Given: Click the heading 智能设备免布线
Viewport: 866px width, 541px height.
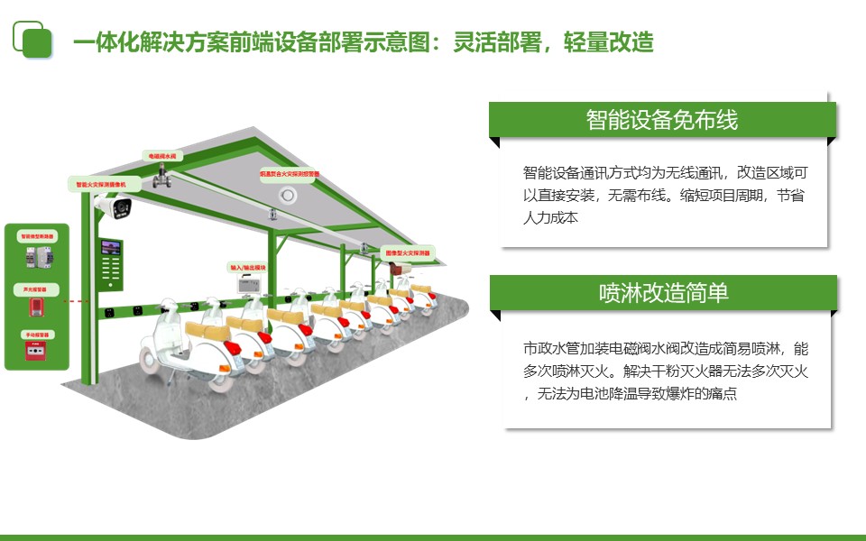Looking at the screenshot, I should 662,120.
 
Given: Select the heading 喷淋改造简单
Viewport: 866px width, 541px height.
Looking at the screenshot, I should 663,293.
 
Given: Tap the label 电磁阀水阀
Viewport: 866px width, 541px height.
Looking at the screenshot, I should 165,156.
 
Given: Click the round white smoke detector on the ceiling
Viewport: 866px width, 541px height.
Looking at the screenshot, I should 288,195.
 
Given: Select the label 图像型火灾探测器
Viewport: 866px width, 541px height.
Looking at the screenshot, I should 408,252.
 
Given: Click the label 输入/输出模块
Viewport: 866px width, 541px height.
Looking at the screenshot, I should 249,268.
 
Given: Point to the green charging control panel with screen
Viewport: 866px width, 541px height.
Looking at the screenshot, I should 112,263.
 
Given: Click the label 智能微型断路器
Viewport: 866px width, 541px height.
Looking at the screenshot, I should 37,236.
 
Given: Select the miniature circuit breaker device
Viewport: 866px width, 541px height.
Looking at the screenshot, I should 36,260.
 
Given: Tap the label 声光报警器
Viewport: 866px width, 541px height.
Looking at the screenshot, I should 37,289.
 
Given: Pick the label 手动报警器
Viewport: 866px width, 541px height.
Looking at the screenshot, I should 37,335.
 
